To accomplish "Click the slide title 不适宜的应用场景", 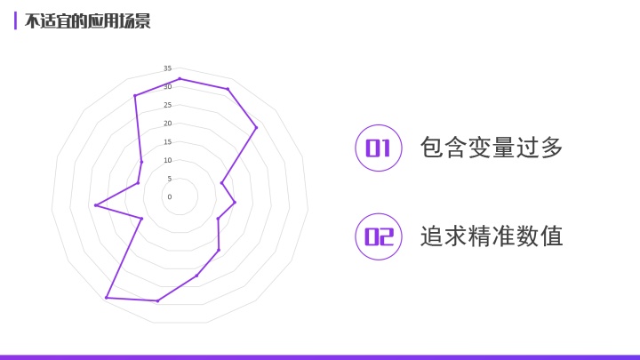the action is (87, 21).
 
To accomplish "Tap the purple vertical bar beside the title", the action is (15, 21).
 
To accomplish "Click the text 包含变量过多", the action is (492, 148).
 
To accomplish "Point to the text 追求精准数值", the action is (492, 236).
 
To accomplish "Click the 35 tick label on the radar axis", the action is (167, 68).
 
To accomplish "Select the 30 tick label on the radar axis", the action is (167, 87).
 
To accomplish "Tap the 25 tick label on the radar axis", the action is (167, 105).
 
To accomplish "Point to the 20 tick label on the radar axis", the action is (167, 124).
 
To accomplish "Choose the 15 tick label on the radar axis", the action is (167, 142).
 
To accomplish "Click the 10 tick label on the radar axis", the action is (167, 160).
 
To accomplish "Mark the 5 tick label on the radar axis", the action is (169, 179).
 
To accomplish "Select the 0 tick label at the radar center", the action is (170, 196).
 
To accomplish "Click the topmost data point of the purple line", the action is (180, 79).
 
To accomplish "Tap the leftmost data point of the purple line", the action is (95, 205).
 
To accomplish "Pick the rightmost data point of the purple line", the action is (256, 128).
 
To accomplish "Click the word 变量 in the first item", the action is (492, 148).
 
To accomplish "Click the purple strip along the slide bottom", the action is (320, 356).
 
